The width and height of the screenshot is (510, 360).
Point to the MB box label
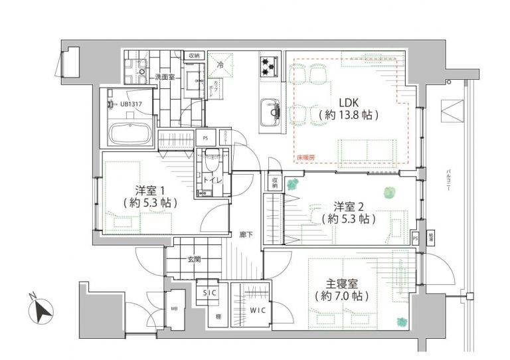click(174, 309)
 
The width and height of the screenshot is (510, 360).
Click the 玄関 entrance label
click(194, 260)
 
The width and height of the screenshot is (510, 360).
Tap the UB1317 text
click(136, 104)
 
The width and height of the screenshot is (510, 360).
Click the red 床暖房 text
click(305, 157)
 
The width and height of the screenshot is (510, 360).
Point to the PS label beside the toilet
click(205, 138)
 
